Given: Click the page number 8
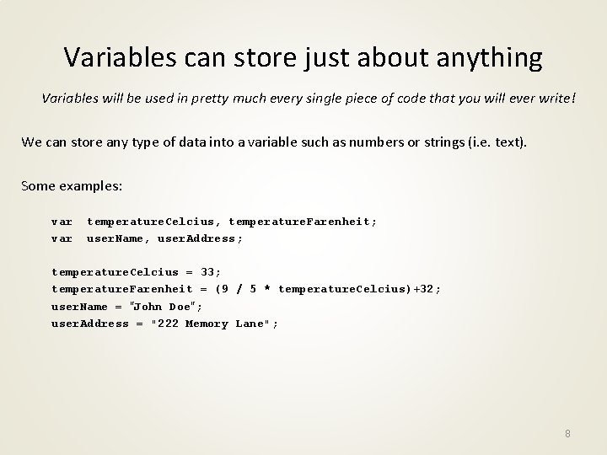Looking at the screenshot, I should [567, 433].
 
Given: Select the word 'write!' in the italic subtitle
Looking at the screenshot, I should [556, 99].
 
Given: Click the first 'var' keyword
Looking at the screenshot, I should [62, 222].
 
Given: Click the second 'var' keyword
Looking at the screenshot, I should [62, 238].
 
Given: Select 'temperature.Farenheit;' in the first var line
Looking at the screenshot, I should [303, 222].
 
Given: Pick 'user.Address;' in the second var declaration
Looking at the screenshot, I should [201, 238].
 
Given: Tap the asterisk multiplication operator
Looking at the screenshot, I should [266, 289].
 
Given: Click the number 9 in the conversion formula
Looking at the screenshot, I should [223, 289].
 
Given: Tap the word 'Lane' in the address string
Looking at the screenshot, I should [250, 324].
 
